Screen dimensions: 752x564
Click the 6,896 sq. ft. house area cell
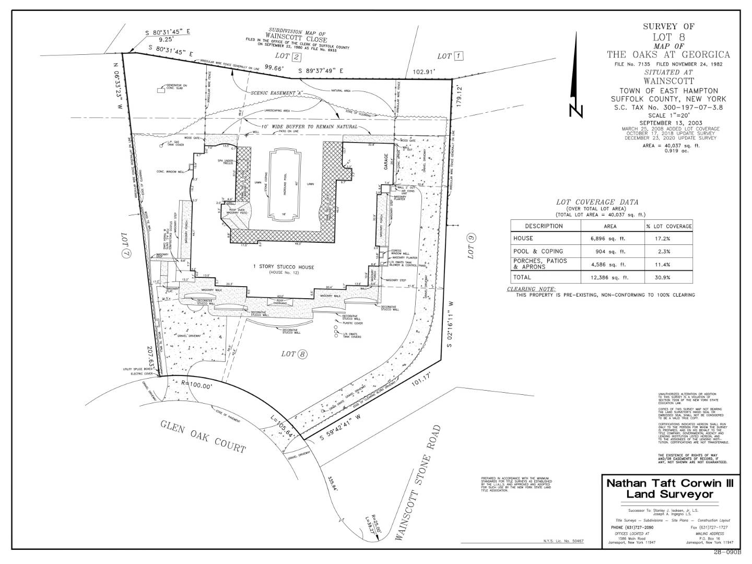coord(609,238)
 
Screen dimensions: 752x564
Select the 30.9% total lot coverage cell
coord(668,277)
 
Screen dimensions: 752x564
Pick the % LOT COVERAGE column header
coord(668,226)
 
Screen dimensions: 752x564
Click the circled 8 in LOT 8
coord(302,355)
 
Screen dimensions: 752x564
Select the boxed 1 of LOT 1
coord(459,56)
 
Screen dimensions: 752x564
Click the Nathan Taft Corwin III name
coord(669,484)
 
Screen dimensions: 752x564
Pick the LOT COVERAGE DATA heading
coord(597,202)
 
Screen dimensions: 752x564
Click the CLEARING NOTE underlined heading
coord(532,289)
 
